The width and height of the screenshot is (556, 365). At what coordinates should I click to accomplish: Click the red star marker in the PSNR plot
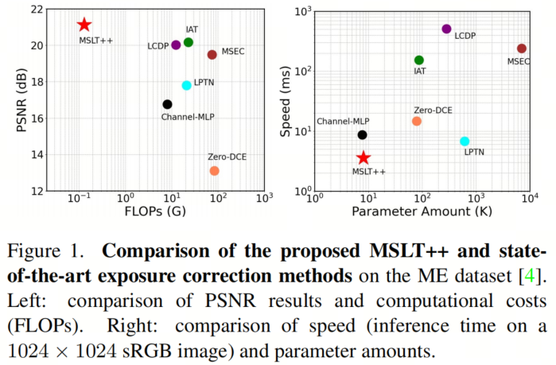(x=84, y=25)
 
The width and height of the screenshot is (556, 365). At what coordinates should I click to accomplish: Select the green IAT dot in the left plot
(x=189, y=42)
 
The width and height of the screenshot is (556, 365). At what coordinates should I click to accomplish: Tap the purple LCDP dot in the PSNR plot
(x=176, y=45)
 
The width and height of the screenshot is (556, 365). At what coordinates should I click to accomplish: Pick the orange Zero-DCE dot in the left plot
(x=214, y=171)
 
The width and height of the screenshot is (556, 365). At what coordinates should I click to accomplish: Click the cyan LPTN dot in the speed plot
(x=465, y=142)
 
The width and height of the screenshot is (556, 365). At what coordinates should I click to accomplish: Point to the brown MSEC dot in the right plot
(x=522, y=49)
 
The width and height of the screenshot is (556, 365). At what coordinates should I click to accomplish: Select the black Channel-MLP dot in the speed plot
(x=363, y=135)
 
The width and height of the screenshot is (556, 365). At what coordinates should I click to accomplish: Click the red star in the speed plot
(x=364, y=158)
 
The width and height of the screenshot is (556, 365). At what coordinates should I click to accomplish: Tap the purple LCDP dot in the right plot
(x=446, y=29)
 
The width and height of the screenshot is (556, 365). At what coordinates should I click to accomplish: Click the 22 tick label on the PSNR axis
(x=36, y=9)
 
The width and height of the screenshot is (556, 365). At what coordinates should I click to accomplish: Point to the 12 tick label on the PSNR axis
(x=36, y=191)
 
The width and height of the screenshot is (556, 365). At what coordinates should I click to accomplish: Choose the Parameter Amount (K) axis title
(x=418, y=214)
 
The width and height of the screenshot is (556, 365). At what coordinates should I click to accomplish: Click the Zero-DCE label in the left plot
(x=227, y=156)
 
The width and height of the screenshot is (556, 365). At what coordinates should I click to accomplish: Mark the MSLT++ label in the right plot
(x=368, y=172)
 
